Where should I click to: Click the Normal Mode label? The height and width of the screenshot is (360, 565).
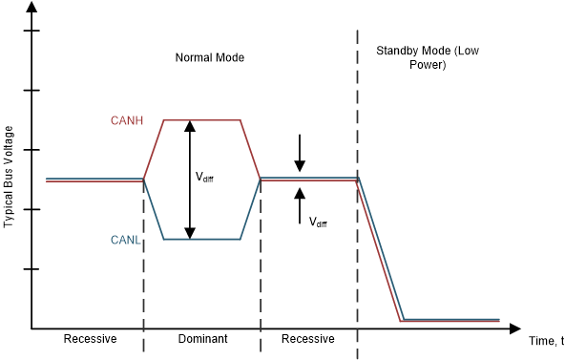click(210, 57)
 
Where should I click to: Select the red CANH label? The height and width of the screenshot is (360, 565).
click(126, 120)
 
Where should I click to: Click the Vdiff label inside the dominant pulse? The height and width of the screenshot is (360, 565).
click(204, 177)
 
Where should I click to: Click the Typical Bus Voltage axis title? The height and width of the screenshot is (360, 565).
click(9, 176)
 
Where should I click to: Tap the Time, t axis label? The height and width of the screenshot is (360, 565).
click(545, 341)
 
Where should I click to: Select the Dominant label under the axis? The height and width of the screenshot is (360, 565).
click(202, 339)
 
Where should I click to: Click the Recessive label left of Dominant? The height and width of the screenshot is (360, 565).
click(90, 339)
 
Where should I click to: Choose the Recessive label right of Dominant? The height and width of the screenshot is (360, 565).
click(308, 339)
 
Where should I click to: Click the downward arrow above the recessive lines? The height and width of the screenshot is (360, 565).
click(300, 153)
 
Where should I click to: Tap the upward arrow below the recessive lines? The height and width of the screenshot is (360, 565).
click(300, 201)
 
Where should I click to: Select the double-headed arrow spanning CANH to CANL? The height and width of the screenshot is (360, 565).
click(190, 180)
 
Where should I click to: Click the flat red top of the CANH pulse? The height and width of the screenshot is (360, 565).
click(202, 120)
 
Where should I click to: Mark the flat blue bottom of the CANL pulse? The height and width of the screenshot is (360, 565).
click(202, 239)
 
